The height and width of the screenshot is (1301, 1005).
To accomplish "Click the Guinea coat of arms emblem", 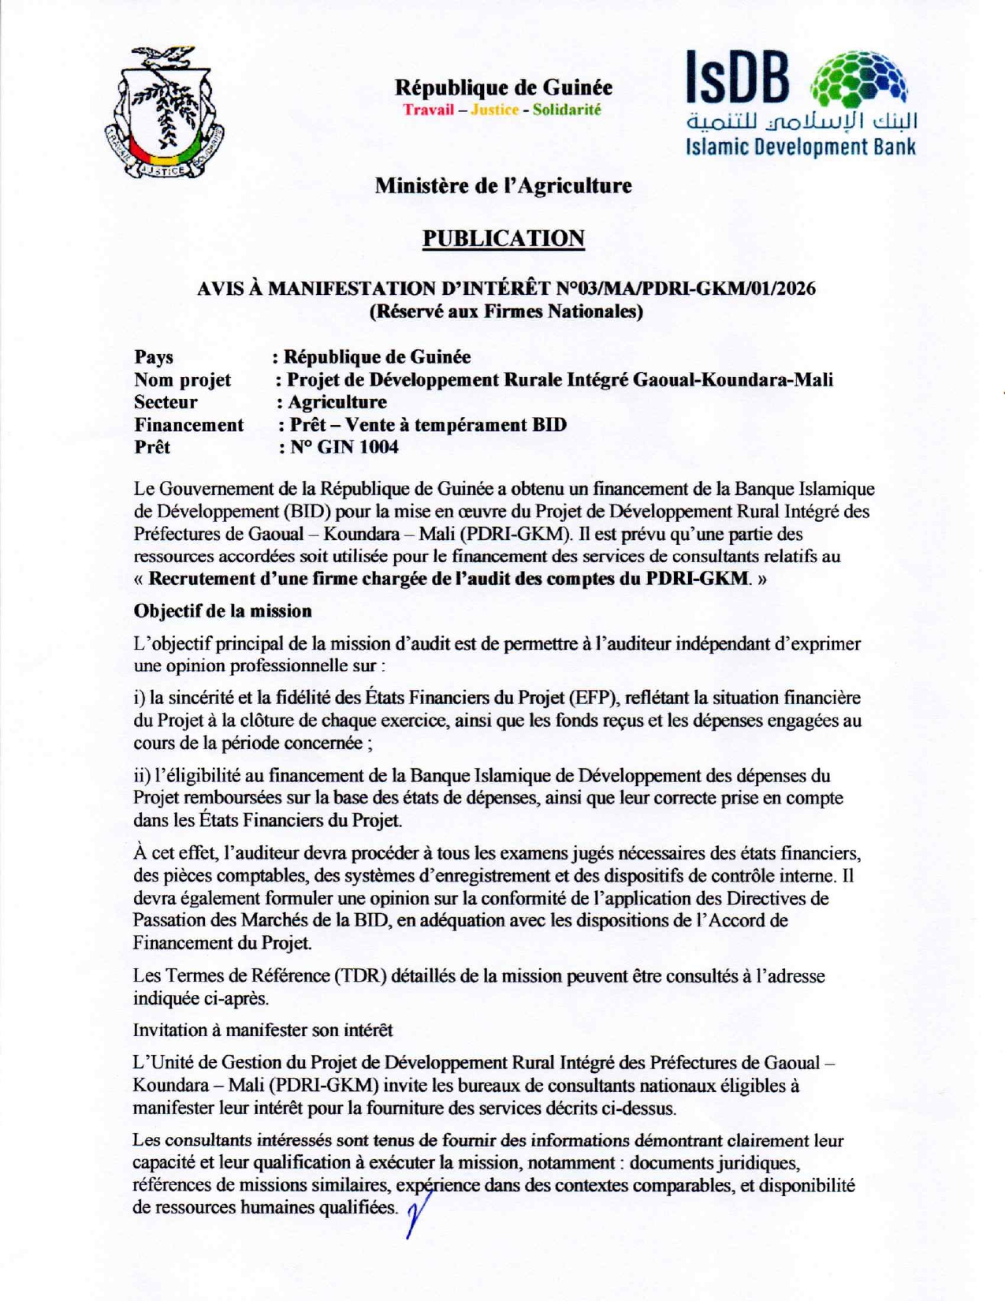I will (164, 113).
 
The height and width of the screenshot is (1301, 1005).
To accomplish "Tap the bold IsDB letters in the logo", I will (737, 78).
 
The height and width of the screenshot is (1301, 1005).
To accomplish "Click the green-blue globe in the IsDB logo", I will (860, 80).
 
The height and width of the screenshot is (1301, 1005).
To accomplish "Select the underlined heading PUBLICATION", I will (503, 238).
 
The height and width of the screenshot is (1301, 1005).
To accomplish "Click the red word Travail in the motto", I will (429, 110).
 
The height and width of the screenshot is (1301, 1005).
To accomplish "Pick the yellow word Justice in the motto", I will (494, 110).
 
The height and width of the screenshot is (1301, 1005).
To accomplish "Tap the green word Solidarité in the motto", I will (566, 110).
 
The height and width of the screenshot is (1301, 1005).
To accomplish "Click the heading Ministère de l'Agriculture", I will (503, 186).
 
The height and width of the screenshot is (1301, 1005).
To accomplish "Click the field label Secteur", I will (166, 402).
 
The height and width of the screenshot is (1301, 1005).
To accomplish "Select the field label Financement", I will (188, 425).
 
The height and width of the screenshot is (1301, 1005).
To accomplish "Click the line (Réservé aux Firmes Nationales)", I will (506, 311).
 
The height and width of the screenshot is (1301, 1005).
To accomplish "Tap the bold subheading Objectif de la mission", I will (222, 611).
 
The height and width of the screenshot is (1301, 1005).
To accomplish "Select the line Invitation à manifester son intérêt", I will (262, 1030).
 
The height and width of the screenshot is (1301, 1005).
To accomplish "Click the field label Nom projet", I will (182, 380).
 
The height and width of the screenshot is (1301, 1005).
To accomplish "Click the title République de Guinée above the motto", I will (503, 87).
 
